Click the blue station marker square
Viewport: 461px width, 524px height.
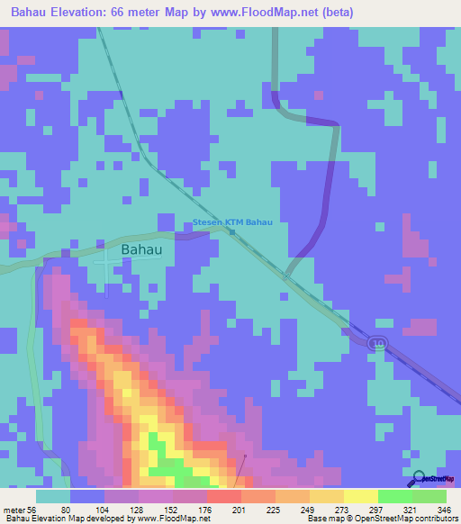[231, 231]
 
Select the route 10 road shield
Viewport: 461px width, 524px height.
[379, 343]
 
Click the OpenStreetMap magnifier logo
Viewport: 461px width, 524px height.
[419, 478]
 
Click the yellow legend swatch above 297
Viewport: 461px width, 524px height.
[361, 496]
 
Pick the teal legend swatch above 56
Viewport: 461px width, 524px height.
[53, 496]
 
